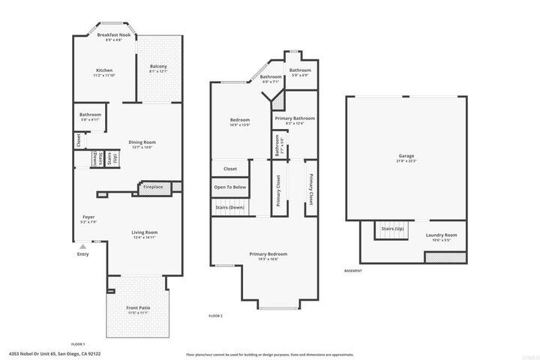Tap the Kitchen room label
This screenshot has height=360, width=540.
tap(103, 70)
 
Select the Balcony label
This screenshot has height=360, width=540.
tap(158, 67)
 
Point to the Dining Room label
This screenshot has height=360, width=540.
tap(141, 142)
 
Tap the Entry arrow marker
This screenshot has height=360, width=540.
tap(83, 244)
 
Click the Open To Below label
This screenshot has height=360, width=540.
tap(230, 187)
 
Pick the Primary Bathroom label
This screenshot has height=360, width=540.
tap(294, 118)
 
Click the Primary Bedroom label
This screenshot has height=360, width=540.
tap(268, 254)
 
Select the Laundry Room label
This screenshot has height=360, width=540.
tap(441, 235)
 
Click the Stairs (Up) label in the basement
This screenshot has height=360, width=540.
tap(392, 228)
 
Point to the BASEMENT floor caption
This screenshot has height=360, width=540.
tap(352, 271)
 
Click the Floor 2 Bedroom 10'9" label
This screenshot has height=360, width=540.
tap(239, 120)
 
